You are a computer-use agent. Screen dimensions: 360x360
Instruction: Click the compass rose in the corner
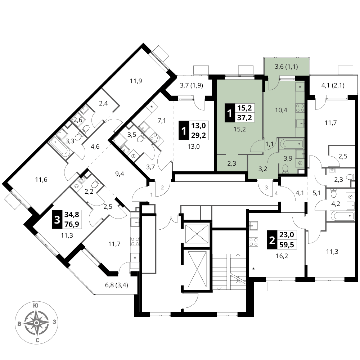point(36,323)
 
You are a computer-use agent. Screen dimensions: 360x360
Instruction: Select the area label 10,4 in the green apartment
point(281,110)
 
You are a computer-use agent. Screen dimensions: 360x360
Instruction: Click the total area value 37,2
point(244,118)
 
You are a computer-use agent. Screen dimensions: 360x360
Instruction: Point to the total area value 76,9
point(72,224)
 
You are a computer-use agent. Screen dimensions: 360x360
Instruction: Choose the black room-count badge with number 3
point(57,220)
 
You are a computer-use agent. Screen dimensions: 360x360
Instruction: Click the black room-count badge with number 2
point(272,240)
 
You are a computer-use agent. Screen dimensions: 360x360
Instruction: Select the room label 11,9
point(136,81)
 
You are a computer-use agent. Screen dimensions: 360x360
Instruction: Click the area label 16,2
point(282,256)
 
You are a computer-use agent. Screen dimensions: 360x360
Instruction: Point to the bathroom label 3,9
point(288,158)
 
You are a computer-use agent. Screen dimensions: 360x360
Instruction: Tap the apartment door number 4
point(276,194)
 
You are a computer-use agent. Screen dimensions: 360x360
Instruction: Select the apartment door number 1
point(151,195)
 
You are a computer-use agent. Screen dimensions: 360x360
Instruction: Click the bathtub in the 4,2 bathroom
point(341,216)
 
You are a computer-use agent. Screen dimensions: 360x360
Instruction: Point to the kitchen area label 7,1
point(162,120)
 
